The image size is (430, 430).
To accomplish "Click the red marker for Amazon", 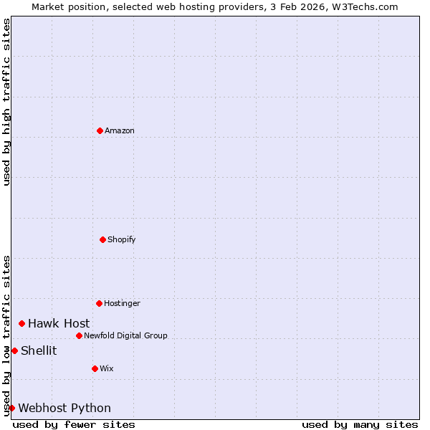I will tap(100, 130).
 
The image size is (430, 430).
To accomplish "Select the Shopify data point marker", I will tap(102, 239).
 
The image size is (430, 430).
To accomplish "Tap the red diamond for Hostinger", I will tap(99, 303).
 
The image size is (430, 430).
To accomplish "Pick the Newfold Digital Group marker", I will tap(79, 335).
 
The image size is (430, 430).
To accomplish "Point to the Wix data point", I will tap(95, 368).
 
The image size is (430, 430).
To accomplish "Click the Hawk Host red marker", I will tap(21, 324).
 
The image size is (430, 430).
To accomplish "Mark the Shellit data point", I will tap(14, 350).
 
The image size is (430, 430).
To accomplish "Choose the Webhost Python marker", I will tap(11, 408).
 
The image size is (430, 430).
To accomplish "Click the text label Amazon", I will tap(120, 130).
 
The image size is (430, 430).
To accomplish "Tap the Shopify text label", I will tap(122, 239).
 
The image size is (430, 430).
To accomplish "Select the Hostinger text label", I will tap(123, 303).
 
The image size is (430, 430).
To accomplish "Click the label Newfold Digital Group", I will tap(125, 335).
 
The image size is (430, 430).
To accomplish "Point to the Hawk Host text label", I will tap(59, 324).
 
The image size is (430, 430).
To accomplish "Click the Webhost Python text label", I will tap(64, 408).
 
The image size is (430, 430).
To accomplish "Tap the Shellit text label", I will tap(39, 350).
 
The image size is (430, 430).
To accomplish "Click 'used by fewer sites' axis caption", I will tap(74, 424).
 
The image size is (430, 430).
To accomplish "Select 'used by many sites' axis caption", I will tap(360, 424).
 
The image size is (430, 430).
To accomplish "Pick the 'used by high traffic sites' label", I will tap(6, 102).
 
